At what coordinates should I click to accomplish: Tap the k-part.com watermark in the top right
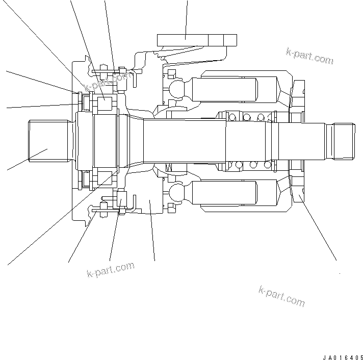coord(309,57)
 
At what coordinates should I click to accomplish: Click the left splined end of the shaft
coord(48,140)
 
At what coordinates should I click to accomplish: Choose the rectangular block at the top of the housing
coord(197,40)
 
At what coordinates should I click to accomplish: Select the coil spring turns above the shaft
coord(247,117)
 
